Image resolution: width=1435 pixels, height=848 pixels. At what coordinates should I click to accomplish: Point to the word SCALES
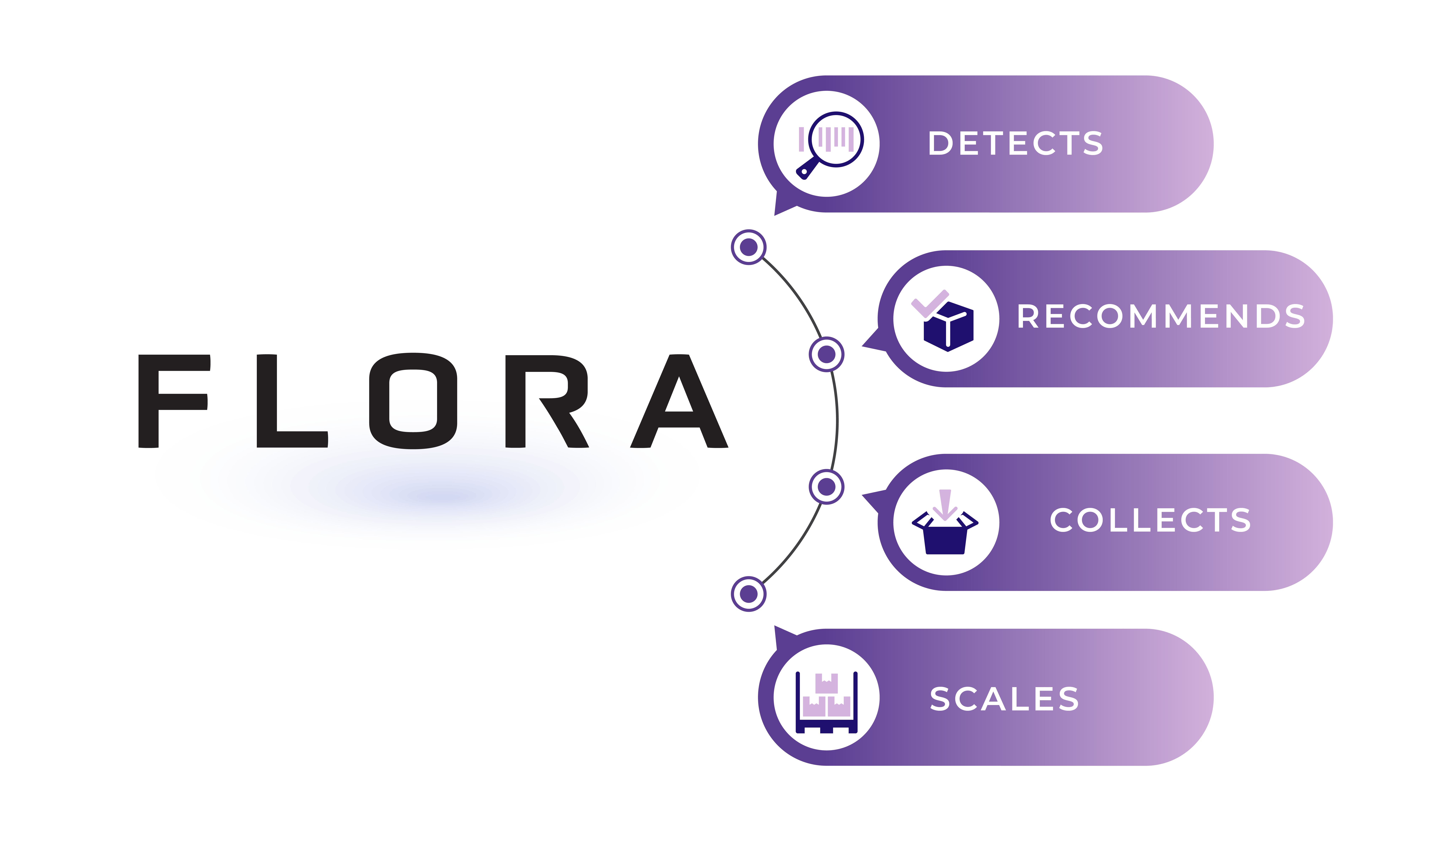click(1004, 699)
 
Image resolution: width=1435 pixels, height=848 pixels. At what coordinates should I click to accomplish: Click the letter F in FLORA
click(171, 401)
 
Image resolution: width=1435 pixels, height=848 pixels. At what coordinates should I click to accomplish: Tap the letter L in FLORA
click(289, 401)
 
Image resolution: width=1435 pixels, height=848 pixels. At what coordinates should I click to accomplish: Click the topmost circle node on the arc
click(749, 247)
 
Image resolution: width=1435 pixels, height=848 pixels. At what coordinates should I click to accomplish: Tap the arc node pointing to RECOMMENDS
click(826, 354)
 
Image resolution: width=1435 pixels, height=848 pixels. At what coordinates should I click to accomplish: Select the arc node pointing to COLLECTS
click(826, 487)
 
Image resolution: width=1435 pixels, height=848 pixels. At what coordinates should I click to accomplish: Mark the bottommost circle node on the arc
click(749, 594)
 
